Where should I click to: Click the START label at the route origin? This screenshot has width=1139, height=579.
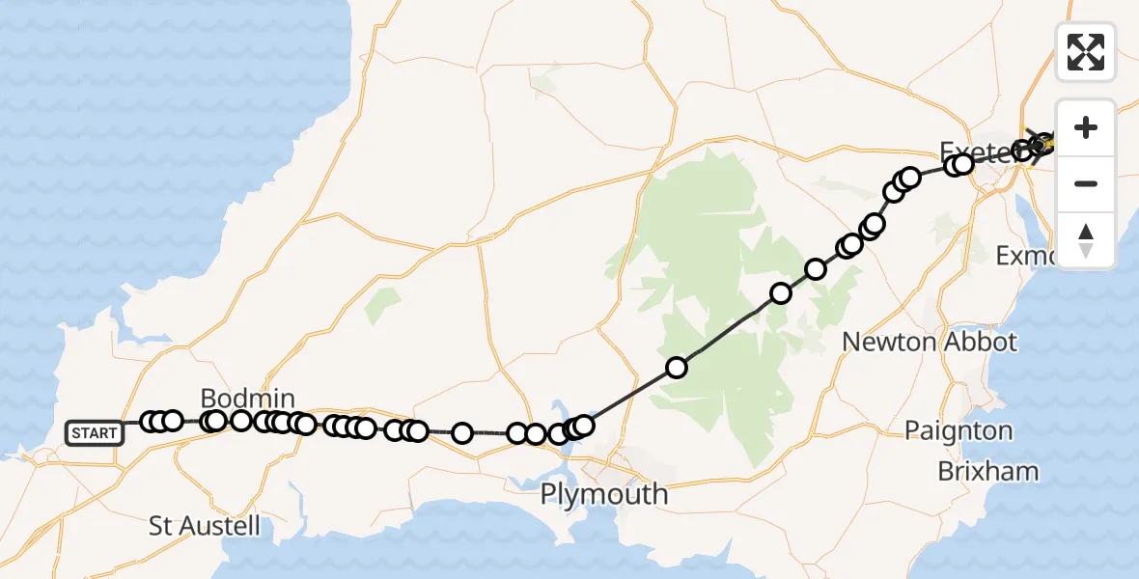tap(94, 433)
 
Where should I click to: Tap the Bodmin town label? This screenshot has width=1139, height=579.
tap(247, 398)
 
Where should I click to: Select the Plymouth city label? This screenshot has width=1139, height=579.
tap(603, 494)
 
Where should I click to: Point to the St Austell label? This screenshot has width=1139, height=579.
tap(205, 526)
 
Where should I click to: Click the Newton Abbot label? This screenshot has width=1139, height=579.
tap(930, 342)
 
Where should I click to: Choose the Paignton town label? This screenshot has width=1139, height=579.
tap(958, 430)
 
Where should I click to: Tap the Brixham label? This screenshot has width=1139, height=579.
tap(988, 472)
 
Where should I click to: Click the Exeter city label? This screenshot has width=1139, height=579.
tap(975, 150)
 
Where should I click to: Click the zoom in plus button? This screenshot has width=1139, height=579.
tap(1086, 127)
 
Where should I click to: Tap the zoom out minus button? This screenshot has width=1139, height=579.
tap(1086, 183)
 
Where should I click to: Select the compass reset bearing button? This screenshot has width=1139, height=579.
tap(1086, 240)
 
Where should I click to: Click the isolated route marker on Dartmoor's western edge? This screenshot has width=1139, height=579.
tap(677, 367)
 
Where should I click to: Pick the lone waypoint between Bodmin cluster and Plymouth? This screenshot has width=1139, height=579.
tap(462, 432)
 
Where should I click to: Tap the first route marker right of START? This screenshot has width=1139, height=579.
tap(151, 422)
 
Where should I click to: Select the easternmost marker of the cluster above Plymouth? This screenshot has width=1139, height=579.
tap(583, 425)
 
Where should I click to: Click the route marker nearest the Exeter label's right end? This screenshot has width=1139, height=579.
tap(1022, 151)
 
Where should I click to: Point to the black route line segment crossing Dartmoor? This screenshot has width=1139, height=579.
tap(729, 331)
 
